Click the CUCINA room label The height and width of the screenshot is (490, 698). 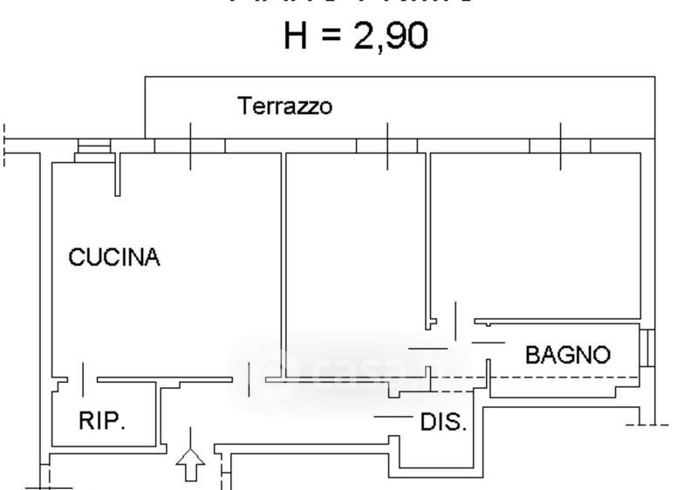coord(114,258)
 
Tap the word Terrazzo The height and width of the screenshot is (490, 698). coord(285,107)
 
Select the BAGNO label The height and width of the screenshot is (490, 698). coord(568,355)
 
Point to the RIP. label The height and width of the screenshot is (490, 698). coord(102,422)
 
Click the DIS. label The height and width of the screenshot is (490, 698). coord(444,423)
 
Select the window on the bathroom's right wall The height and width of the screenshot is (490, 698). coord(647,347)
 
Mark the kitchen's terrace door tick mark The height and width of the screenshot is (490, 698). coord(191,146)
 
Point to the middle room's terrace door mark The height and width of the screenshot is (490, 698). coord(387,146)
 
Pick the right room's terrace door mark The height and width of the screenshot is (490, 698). coord(561,146)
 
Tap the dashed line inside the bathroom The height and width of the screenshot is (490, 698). coord(558,377)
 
